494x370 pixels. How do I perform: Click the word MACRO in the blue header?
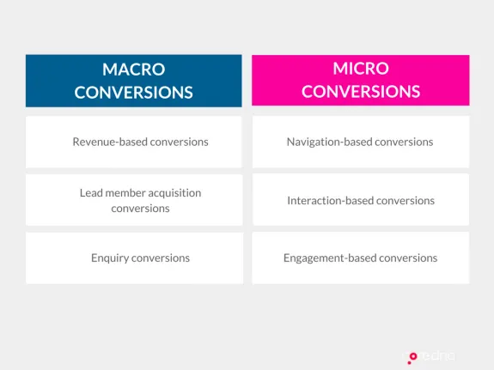point(133,69)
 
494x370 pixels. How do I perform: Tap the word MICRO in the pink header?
point(360,68)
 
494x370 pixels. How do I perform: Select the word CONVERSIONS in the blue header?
point(133,92)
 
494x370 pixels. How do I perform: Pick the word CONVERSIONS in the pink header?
point(360,91)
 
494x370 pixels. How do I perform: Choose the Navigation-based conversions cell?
point(360,142)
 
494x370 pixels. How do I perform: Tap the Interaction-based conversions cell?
point(360,200)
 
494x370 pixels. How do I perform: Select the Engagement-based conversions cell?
point(360,258)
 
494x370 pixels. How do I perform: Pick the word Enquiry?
point(110,258)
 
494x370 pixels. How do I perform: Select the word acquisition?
point(173,192)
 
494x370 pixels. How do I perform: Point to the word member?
point(125,192)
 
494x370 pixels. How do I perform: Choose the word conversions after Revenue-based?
point(179,142)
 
